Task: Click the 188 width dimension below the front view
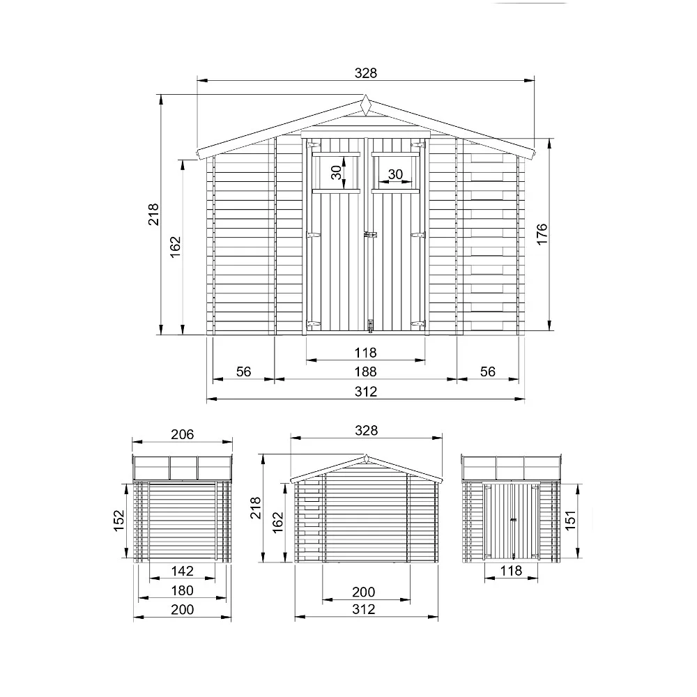tap(365, 372)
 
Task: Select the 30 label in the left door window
tap(337, 172)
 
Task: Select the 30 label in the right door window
tap(395, 174)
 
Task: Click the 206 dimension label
tap(182, 434)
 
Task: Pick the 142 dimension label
tap(182, 572)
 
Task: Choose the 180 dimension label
tap(182, 590)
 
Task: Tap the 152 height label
tap(119, 519)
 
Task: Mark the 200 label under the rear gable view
tap(363, 592)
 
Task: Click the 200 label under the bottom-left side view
tap(182, 609)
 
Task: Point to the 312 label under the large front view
tap(365, 392)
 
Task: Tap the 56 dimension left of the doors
tap(243, 372)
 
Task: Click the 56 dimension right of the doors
tap(488, 372)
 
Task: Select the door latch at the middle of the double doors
tap(370, 236)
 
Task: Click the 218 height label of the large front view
tap(154, 214)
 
